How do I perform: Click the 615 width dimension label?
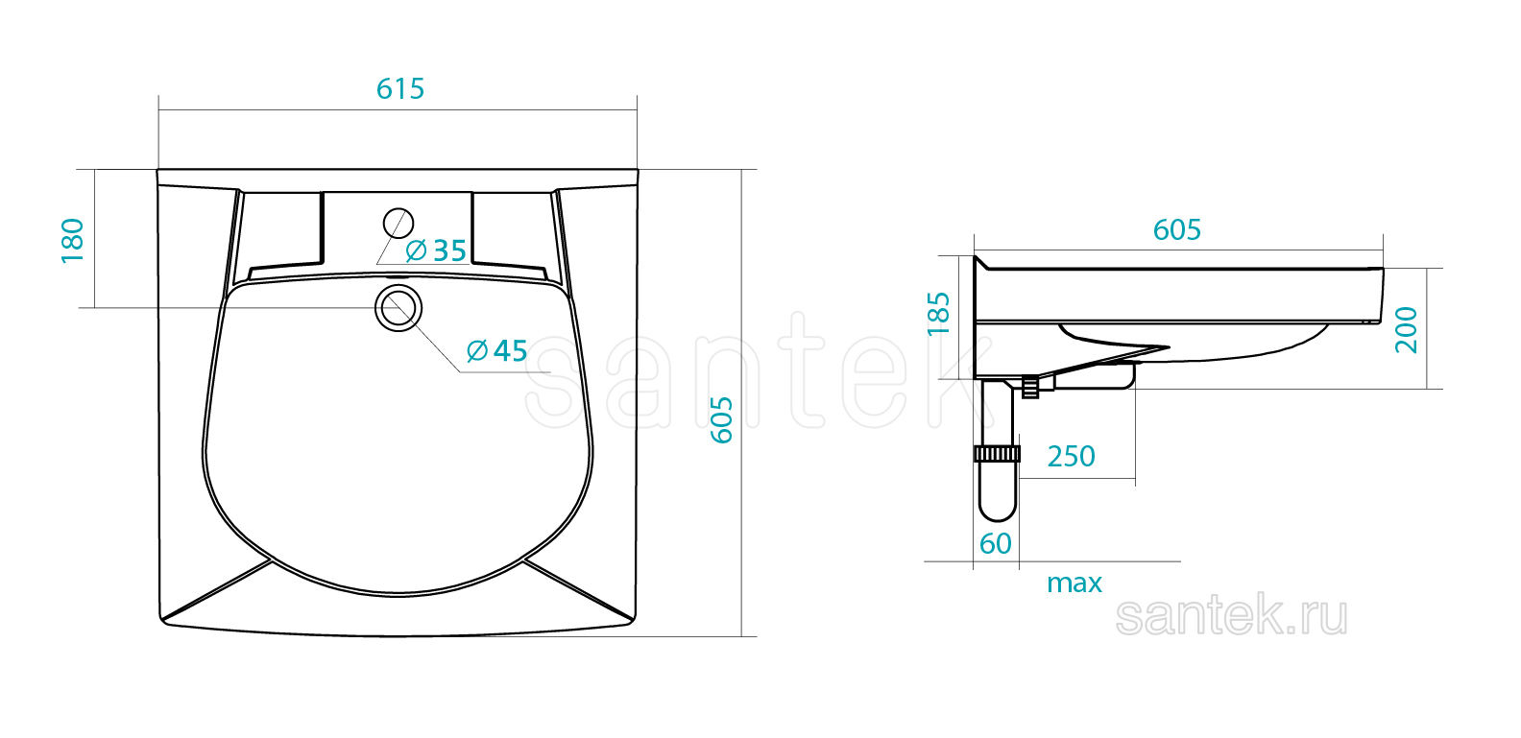pyautogui.click(x=400, y=89)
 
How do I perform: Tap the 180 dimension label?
pyautogui.click(x=73, y=241)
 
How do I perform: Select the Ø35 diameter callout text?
pyautogui.click(x=436, y=250)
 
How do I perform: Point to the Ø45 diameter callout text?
pyautogui.click(x=497, y=351)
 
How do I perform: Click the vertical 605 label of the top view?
pyautogui.click(x=722, y=420)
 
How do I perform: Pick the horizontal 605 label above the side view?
pyautogui.click(x=1176, y=230)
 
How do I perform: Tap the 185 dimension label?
pyautogui.click(x=938, y=314)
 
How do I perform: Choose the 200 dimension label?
pyautogui.click(x=1406, y=330)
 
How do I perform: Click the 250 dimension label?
pyautogui.click(x=1071, y=457)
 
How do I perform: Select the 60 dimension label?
pyautogui.click(x=996, y=544)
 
